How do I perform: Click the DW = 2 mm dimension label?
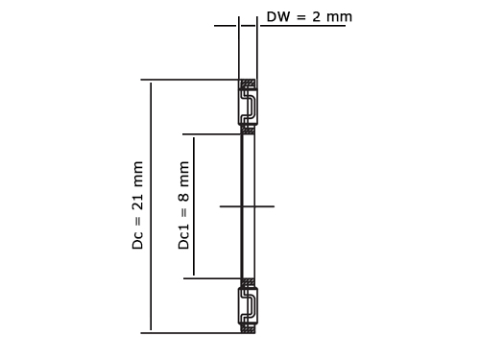tap(309, 16)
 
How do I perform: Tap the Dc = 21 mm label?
tap(137, 205)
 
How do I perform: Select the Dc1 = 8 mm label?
tap(183, 205)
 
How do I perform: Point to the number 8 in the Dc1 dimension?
tap(183, 196)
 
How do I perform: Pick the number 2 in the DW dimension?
tap(316, 16)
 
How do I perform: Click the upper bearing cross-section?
tap(248, 107)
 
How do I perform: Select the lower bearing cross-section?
tap(248, 306)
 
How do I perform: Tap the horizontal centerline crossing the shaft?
tap(247, 206)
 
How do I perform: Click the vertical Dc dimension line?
tap(151, 206)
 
